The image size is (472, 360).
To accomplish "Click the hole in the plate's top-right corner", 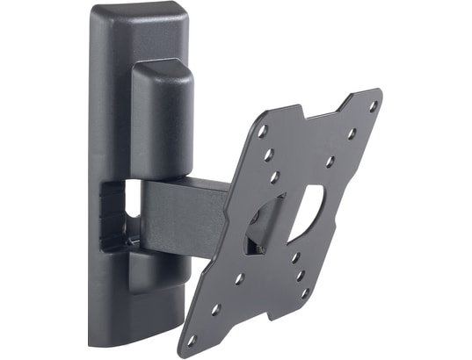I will [x=373, y=106].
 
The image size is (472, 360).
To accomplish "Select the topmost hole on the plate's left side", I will [x=262, y=132].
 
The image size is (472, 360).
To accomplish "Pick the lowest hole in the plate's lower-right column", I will [x=304, y=291].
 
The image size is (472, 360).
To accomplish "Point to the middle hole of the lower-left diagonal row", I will [x=216, y=309].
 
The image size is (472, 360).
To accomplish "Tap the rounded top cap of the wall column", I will [x=141, y=18].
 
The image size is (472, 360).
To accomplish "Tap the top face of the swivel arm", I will [x=189, y=185].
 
